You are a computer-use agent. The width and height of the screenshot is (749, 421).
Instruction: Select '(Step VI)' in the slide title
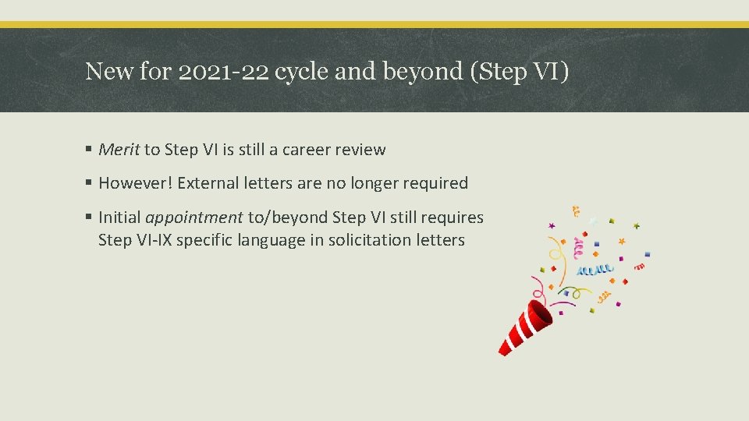tap(520, 72)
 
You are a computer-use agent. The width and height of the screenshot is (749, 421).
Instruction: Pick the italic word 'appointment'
tap(193, 218)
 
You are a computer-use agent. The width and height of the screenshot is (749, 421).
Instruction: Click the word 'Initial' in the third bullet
tap(119, 218)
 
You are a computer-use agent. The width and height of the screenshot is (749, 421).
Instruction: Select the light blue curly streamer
tap(595, 270)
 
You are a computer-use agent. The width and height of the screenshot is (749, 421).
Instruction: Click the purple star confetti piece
tap(552, 226)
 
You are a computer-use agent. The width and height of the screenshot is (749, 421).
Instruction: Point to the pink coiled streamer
tap(578, 249)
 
